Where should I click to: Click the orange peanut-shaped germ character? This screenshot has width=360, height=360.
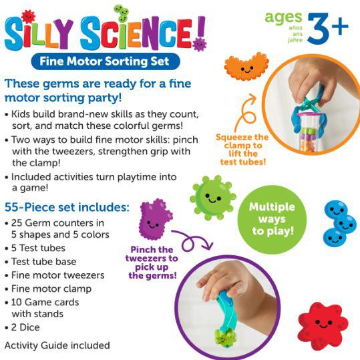(246, 67)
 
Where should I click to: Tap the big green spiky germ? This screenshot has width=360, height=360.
(213, 198)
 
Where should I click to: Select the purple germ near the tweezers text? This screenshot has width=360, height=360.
(155, 220)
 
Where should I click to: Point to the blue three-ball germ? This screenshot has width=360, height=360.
(340, 223)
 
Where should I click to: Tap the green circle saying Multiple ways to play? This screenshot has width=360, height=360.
(272, 219)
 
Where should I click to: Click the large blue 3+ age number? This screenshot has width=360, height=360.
(328, 28)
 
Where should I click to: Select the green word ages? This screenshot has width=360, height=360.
(283, 18)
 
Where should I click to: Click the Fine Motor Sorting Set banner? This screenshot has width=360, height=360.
(106, 61)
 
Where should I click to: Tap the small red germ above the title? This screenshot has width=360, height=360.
(28, 17)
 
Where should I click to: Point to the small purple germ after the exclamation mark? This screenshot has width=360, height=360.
(199, 44)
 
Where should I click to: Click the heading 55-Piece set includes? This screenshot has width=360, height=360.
(67, 207)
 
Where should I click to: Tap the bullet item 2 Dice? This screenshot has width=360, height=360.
(22, 327)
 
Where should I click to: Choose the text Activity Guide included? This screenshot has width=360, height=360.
(57, 345)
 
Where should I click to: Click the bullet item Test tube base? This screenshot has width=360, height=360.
(41, 262)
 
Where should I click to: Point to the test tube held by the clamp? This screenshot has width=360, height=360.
(309, 132)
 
